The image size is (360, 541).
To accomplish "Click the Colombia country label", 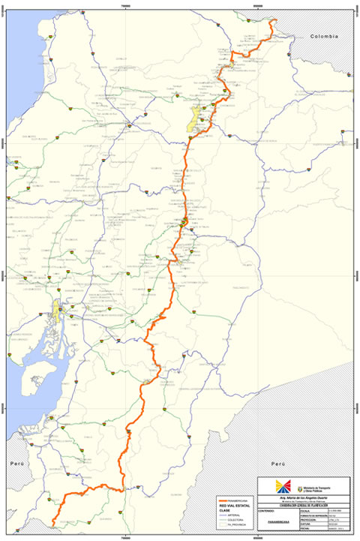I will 325,36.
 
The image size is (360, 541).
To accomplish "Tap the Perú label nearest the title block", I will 279,464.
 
